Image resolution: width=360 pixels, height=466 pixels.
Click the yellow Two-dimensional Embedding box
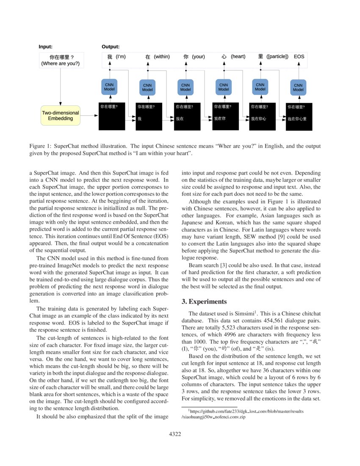(60, 116)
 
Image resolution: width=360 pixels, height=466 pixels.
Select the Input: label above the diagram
(45, 47)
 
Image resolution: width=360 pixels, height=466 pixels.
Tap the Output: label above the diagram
(111, 47)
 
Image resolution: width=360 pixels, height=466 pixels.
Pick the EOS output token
(299, 56)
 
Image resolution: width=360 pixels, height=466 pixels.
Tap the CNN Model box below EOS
(298, 87)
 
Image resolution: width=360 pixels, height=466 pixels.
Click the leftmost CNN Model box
(109, 87)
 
